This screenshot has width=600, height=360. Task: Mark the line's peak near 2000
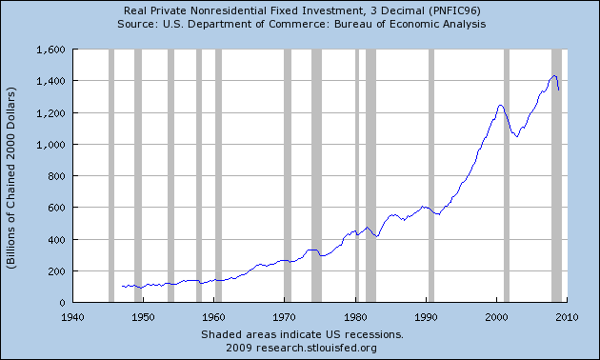[x=500, y=105]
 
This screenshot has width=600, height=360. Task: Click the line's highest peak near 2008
[x=554, y=75]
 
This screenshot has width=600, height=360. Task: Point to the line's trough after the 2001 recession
[x=516, y=136]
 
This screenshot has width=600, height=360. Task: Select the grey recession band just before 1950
[x=138, y=175]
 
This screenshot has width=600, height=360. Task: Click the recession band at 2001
[x=506, y=175]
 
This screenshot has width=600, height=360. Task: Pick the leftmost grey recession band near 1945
[x=111, y=175]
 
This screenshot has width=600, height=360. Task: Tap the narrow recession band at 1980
[x=356, y=175]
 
